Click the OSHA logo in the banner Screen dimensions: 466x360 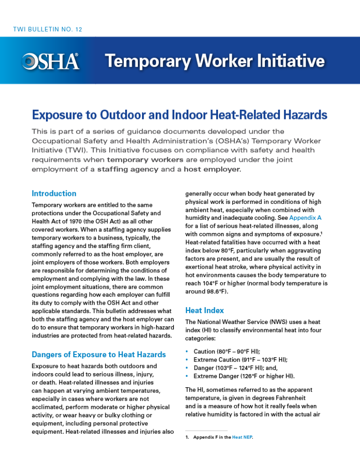click(50, 61)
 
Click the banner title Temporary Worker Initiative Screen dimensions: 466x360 click(214, 61)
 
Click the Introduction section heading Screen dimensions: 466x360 click(54, 193)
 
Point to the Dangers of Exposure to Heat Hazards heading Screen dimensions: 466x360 click(98, 354)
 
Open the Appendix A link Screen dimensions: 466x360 click(305, 218)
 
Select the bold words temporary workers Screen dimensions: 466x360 click(145, 159)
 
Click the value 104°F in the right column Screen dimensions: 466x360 click(210, 283)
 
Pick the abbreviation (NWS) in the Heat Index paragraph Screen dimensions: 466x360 click(271, 322)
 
